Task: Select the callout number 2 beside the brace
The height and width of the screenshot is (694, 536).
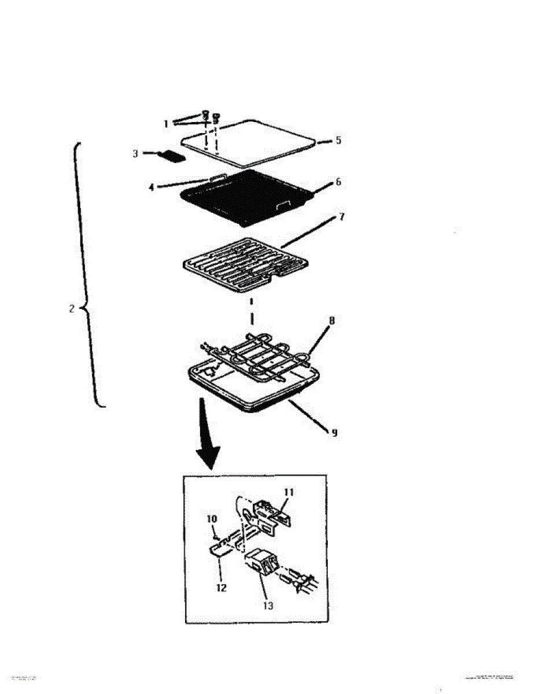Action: tap(72, 309)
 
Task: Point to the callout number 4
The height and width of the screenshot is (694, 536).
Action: tap(151, 187)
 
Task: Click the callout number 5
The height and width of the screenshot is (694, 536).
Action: tap(339, 140)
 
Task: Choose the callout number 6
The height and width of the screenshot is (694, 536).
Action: tap(339, 182)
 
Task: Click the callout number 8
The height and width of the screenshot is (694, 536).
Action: tap(331, 319)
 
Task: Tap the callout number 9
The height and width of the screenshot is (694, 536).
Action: tap(334, 431)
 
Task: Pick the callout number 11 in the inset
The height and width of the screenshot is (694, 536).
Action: tap(289, 492)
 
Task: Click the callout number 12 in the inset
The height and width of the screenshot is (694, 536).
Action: tap(221, 588)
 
